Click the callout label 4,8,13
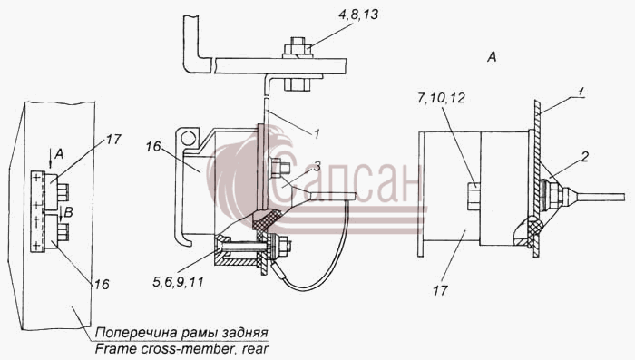coord(358,15)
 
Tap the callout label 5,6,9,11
coord(178,281)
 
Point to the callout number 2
coord(584,157)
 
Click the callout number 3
coord(317,166)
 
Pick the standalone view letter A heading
coord(492,57)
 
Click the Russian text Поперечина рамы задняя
coord(181,333)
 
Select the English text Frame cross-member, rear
coord(181,349)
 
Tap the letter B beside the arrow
coord(68,212)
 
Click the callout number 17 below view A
coord(440,290)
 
